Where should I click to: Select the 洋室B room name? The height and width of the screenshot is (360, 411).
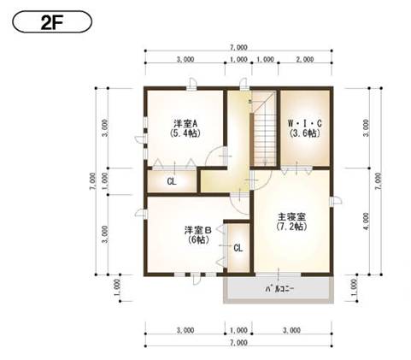coord(197,230)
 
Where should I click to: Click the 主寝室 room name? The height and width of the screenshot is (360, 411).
coord(291,218)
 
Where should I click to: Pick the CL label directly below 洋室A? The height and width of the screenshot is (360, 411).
coord(172,181)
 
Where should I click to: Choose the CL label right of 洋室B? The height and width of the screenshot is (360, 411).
coord(238,248)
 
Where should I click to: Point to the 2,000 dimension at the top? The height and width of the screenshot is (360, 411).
coord(304,62)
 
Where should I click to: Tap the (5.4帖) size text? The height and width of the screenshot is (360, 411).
coord(185,134)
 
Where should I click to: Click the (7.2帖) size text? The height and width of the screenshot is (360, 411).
coord(291,228)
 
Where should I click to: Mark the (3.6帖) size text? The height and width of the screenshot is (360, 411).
coord(304,134)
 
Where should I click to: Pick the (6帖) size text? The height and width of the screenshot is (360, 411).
coord(197,240)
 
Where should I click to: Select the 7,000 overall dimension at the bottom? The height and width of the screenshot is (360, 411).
coord(238,342)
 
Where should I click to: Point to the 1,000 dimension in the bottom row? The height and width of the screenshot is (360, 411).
coord(238,329)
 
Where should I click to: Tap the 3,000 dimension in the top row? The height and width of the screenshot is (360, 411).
coord(185,62)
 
